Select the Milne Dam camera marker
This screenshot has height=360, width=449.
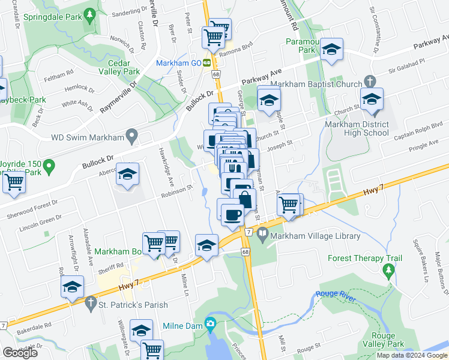point(210,325)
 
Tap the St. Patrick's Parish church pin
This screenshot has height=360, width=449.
point(91,305)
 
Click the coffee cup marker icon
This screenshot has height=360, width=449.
point(232,214)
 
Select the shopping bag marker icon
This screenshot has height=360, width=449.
point(244,199)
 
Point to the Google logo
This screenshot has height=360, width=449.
point(20,353)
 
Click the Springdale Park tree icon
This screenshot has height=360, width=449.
point(90,13)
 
